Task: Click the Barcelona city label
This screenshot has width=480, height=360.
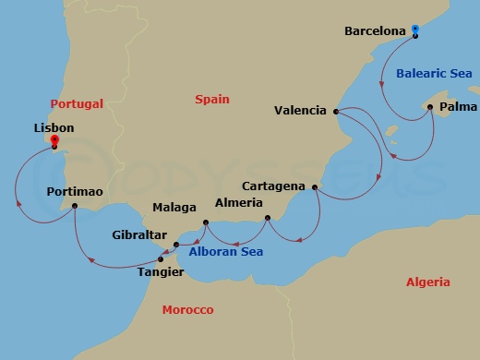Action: pos(375,31)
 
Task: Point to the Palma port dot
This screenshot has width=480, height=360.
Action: pos(427,107)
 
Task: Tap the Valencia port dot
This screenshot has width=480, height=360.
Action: pos(335,112)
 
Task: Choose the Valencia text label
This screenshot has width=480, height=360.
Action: pos(300,111)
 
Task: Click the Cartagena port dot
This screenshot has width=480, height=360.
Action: pos(315,187)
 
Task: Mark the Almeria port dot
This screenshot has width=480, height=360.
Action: pos(267,218)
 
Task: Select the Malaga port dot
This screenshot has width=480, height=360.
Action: pos(205,222)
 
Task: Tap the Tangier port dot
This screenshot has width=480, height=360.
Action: pos(162,258)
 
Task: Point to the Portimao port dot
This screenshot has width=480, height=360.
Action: pos(75,206)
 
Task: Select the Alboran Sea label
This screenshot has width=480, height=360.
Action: pos(226,252)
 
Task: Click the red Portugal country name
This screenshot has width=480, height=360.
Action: pos(77,104)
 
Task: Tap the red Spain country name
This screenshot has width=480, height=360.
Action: pos(212,99)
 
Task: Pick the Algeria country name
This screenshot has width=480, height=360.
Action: pos(428,282)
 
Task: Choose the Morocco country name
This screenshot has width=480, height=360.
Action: pos(187,309)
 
